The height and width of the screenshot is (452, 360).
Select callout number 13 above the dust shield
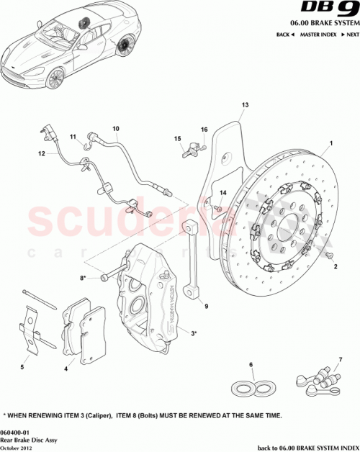click(244, 106)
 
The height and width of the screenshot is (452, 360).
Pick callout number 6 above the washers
click(251, 365)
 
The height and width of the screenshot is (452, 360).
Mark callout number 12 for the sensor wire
click(42, 153)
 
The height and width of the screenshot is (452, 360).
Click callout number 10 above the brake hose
click(115, 129)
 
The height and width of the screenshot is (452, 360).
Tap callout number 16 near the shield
click(204, 129)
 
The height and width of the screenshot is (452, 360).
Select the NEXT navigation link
click(349, 34)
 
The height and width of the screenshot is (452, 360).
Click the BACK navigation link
click(283, 34)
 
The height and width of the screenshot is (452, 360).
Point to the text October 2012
click(17, 446)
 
